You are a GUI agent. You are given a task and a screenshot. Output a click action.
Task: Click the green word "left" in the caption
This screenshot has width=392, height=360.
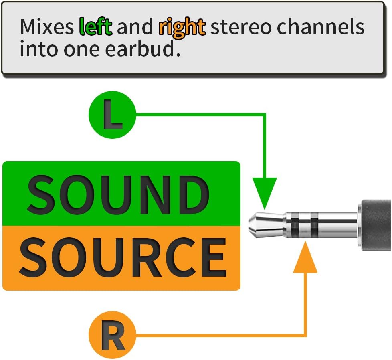pyautogui.click(x=95, y=26)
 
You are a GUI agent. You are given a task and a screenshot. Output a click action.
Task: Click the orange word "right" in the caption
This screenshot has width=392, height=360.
pyautogui.click(x=182, y=28)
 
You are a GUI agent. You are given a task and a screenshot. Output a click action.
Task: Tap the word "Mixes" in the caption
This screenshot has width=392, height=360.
pyautogui.click(x=47, y=26)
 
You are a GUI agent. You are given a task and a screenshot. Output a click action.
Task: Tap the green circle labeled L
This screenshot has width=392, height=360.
pyautogui.click(x=112, y=115)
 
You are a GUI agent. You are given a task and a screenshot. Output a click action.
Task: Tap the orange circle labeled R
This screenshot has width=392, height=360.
pyautogui.click(x=112, y=335)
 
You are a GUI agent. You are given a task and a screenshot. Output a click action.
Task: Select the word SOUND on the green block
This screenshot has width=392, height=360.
pyautogui.click(x=118, y=194)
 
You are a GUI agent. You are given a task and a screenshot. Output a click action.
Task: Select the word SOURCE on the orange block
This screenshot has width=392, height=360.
pyautogui.click(x=123, y=257)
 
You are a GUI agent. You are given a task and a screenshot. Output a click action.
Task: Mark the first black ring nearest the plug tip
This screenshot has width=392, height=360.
pyautogui.click(x=295, y=224)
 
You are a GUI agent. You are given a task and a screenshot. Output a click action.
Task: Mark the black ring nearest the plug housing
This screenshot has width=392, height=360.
pyautogui.click(x=315, y=224)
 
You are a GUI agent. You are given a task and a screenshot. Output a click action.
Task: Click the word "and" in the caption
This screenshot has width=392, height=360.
pyautogui.click(x=135, y=26)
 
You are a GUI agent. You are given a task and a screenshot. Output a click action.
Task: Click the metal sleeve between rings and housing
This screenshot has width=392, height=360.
pyautogui.click(x=337, y=224)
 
